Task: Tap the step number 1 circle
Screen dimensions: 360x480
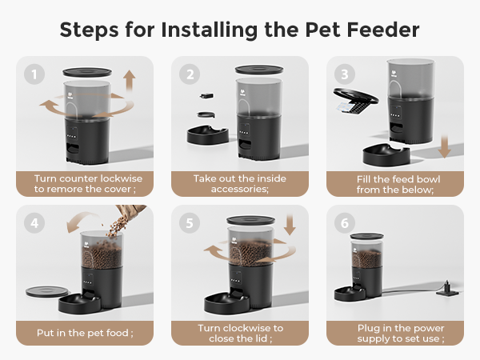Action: tap(34, 75)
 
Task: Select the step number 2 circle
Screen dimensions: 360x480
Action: tap(190, 75)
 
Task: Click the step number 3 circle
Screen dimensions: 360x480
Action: tap(344, 75)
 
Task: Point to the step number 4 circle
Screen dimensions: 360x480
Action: tap(34, 224)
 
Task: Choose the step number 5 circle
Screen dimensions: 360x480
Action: tap(190, 224)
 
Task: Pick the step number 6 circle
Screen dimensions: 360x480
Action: tap(344, 224)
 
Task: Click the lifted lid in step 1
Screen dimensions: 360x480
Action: tap(89, 72)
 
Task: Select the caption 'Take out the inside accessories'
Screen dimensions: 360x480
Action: tap(240, 183)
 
